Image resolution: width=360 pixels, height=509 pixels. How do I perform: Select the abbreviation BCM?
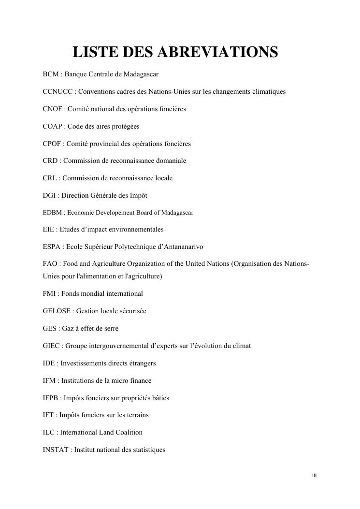pos(51,74)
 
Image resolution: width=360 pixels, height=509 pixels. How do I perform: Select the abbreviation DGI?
pos(49,195)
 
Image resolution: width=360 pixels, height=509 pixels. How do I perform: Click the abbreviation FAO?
pos(50,264)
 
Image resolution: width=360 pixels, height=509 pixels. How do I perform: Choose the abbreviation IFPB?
pos(51,398)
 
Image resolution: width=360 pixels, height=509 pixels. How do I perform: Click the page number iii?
pos(314,476)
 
